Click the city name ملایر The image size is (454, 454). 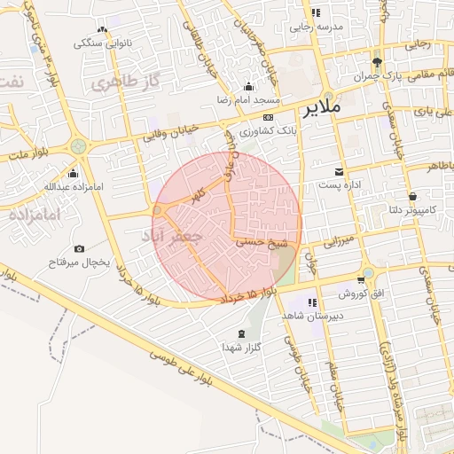click(321, 110)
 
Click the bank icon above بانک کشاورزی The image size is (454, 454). click(268, 117)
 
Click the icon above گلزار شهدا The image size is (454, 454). click(242, 333)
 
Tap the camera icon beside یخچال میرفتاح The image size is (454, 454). click(79, 249)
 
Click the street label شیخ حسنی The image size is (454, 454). click(259, 240)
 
